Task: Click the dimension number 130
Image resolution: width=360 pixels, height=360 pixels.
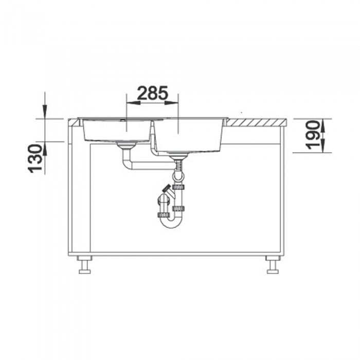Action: (x=35, y=158)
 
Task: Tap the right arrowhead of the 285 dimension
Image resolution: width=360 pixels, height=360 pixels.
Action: (x=172, y=103)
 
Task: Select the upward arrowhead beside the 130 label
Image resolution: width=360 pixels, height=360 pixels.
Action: (x=45, y=148)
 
